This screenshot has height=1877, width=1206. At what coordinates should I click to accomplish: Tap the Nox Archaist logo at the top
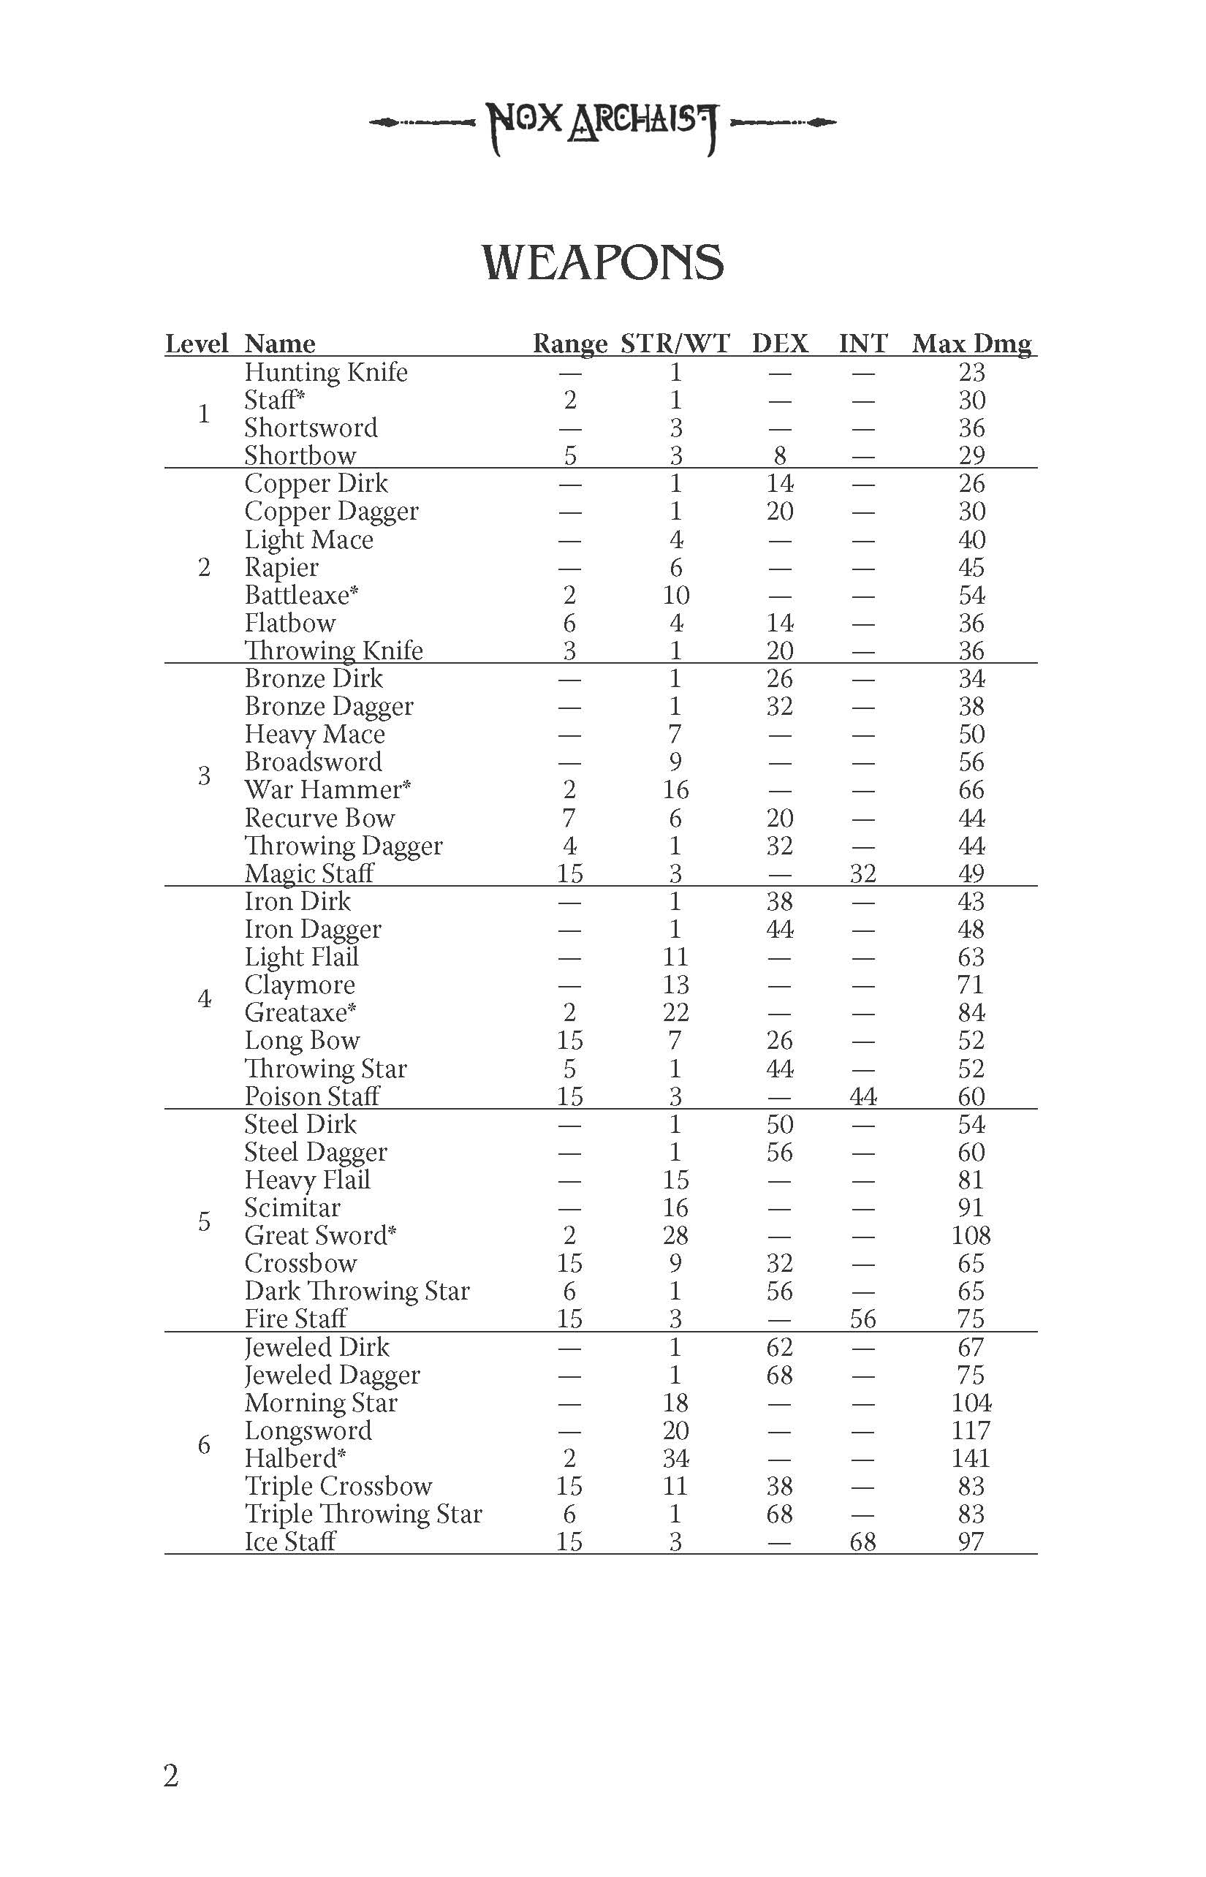pos(602,124)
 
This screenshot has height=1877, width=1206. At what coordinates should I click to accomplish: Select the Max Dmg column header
pos(971,344)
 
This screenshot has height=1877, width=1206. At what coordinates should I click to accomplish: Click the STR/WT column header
pos(675,344)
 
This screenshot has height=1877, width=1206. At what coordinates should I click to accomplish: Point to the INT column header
pos(863,344)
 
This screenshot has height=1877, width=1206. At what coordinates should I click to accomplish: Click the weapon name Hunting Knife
pos(326,372)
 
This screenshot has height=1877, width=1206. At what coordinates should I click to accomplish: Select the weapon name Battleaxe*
pos(301,595)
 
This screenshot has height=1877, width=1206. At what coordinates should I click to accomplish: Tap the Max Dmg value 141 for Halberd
pos(971,1458)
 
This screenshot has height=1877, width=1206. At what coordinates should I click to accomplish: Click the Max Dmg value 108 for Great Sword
pos(971,1236)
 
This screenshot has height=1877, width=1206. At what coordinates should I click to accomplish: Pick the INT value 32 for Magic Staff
pos(863,873)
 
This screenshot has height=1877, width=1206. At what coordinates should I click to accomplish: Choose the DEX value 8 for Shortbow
pos(780,456)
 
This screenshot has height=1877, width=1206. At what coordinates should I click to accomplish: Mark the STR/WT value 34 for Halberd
pos(675,1458)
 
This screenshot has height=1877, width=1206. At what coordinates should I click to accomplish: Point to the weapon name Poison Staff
pos(311,1096)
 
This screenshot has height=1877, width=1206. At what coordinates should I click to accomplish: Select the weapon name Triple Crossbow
pos(338,1486)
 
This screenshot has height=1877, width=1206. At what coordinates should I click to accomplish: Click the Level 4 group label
pos(205,998)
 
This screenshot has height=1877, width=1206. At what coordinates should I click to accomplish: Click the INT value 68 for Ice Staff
pos(863,1542)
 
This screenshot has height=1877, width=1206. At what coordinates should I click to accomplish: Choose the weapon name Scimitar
pos(292,1207)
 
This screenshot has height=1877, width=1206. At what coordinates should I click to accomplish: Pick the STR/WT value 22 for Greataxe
pos(675,1012)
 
